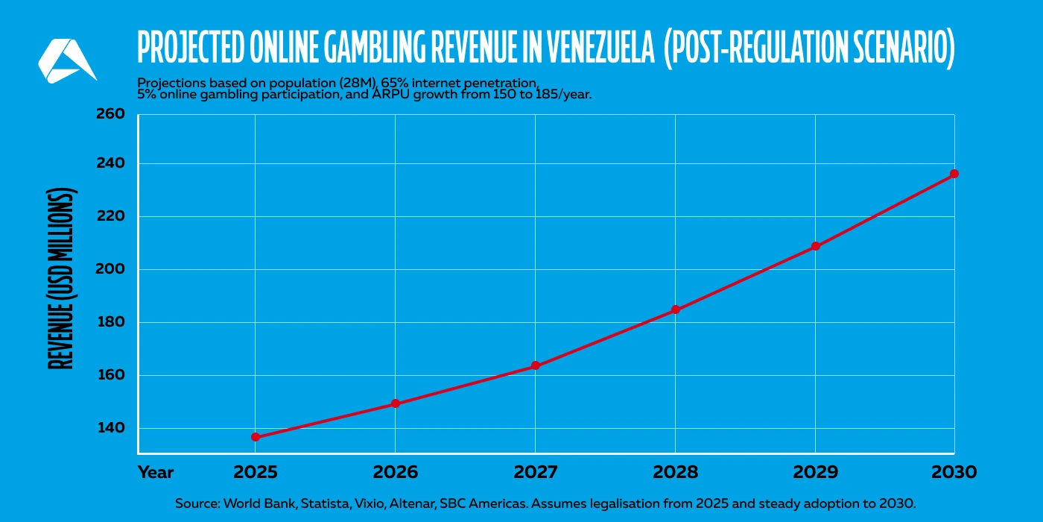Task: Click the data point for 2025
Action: (x=256, y=437)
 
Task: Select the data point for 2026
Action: (x=396, y=403)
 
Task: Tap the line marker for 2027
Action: (x=535, y=366)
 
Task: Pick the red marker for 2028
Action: (x=675, y=309)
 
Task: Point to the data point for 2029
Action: (x=815, y=246)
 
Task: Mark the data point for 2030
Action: (x=954, y=174)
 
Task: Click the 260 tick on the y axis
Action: (x=110, y=115)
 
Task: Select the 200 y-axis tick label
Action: (x=110, y=269)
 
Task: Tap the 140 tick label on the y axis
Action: (x=110, y=428)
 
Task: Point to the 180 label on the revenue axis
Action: (x=110, y=322)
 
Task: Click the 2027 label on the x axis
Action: (x=535, y=472)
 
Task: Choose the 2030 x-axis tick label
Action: (x=954, y=472)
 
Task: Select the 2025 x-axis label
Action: (x=256, y=472)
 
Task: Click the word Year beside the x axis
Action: (x=156, y=472)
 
